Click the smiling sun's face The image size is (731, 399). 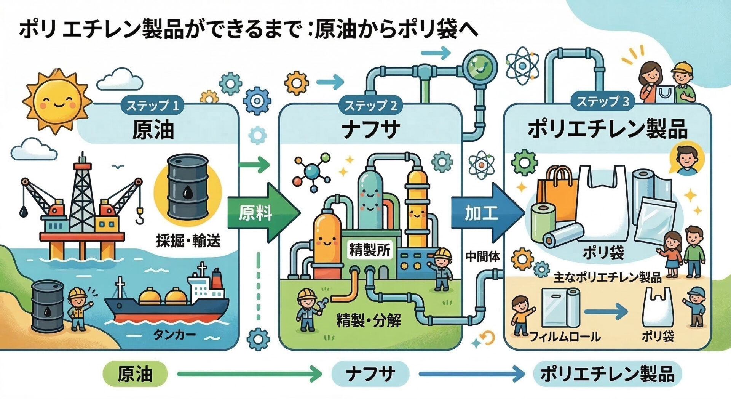point(57,100)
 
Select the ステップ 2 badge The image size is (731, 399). point(370,106)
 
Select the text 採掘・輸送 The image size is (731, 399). point(188,241)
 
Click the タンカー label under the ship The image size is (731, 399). point(174,335)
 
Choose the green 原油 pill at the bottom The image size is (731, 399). point(135,374)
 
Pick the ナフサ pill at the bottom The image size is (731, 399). point(370,374)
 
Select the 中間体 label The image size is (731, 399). point(482,257)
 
